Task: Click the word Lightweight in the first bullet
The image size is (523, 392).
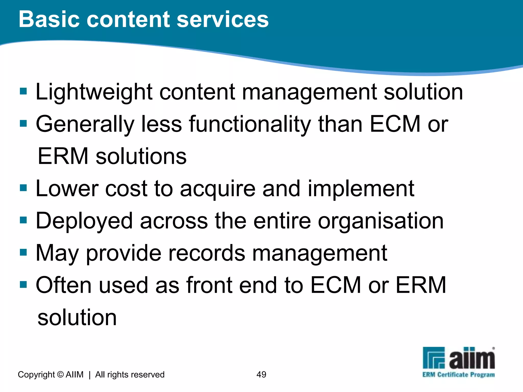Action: coord(94,92)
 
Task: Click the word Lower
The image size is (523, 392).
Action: coord(67,189)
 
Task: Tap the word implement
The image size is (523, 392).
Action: coord(361,189)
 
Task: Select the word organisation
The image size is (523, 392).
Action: coord(381,221)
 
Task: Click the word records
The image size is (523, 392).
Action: coord(207,253)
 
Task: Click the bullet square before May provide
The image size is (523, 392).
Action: coord(23,252)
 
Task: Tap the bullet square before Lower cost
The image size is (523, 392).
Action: coord(23,188)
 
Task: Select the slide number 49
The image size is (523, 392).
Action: coord(261,374)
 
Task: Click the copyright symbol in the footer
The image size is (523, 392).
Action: coord(60,374)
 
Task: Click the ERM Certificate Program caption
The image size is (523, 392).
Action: coord(458,375)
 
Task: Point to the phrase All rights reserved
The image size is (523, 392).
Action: coord(130,374)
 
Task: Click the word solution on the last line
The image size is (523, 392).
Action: coord(77,317)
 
